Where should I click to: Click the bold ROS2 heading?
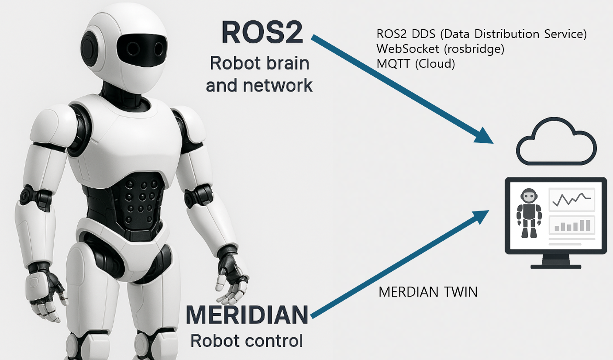[262, 32]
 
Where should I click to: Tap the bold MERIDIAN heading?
[247, 315]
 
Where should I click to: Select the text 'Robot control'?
[247, 340]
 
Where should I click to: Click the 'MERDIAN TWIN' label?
[428, 292]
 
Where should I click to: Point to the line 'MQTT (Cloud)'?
[415, 64]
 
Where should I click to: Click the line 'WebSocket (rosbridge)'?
[440, 48]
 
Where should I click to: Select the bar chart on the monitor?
[572, 225]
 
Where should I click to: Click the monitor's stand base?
[556, 265]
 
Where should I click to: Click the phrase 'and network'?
[259, 85]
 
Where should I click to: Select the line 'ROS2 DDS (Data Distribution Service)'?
[481, 34]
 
